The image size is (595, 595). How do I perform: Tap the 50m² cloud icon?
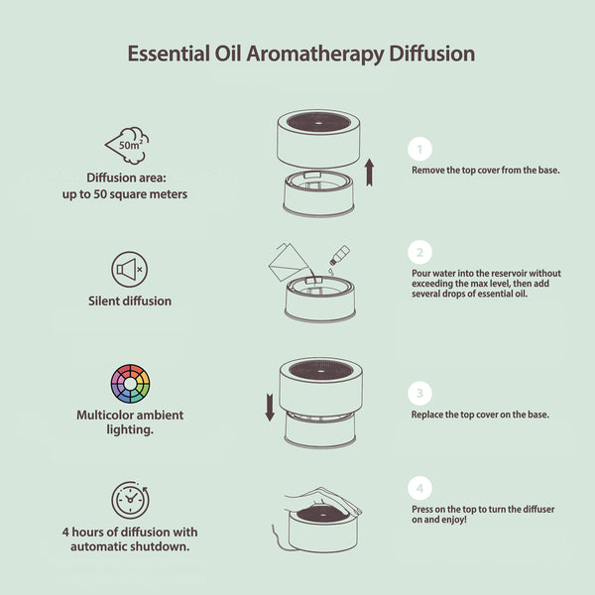coord(130,146)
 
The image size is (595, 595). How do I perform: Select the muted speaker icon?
coord(130,268)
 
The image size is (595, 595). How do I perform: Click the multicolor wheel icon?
coord(130,383)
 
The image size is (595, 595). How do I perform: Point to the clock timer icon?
coord(130,500)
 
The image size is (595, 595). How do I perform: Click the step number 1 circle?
coord(419,150)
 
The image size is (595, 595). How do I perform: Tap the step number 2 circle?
coord(419,253)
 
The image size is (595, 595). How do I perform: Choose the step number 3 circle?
coord(419,392)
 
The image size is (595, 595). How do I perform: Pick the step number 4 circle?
coord(419,489)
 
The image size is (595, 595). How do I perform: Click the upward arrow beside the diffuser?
coord(369,171)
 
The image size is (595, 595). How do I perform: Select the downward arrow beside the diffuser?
coord(269,404)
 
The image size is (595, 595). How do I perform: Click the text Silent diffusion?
coord(130,300)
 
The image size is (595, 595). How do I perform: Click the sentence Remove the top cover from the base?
coord(486,170)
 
